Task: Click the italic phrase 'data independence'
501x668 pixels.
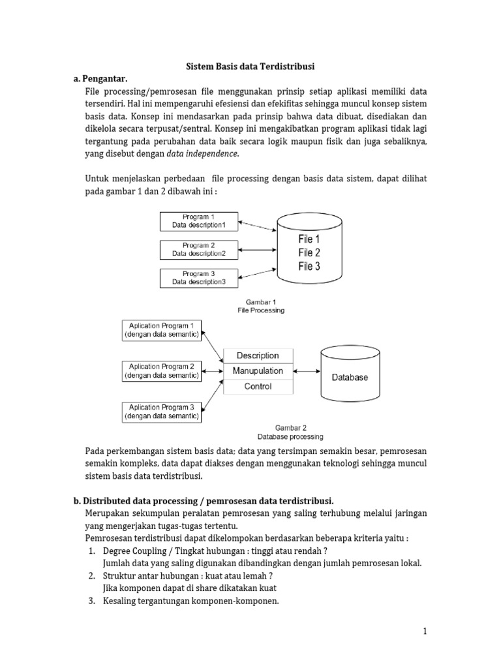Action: [x=203, y=153]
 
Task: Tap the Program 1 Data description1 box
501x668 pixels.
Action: [x=199, y=220]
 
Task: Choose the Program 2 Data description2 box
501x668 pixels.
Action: [x=199, y=249]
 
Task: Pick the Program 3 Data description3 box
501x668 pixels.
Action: [x=199, y=278]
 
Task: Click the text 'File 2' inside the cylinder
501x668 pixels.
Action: [x=309, y=252]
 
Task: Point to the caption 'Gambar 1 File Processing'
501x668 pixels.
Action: [x=261, y=307]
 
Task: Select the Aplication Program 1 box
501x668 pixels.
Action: [x=162, y=330]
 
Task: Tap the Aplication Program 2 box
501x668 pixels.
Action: [x=162, y=371]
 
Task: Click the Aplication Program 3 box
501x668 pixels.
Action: [x=162, y=411]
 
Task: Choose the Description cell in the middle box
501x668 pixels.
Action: [x=258, y=356]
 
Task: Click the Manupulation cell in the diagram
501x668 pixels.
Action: [x=258, y=371]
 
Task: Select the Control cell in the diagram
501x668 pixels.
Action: [x=258, y=386]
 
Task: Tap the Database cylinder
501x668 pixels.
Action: [x=350, y=375]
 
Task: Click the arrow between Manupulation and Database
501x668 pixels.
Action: [x=307, y=372]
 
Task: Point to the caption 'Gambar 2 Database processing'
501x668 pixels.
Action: [x=290, y=432]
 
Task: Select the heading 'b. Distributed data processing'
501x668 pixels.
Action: [x=204, y=501]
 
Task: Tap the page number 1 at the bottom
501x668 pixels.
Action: [x=424, y=631]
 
